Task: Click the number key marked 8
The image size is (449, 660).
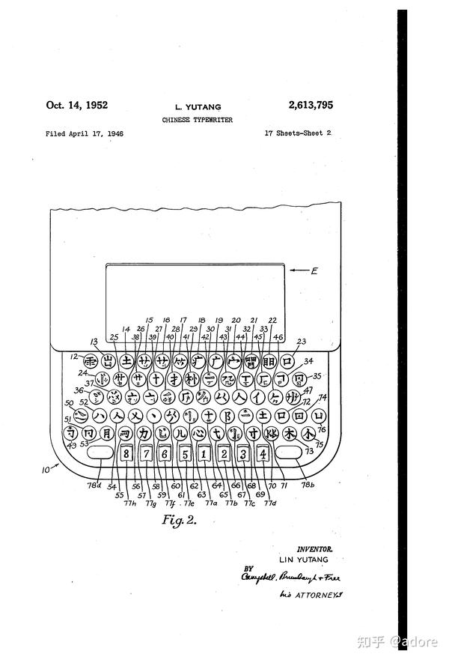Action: pyautogui.click(x=126, y=454)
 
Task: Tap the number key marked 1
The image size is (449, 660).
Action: pyautogui.click(x=204, y=454)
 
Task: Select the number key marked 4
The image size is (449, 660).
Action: pyautogui.click(x=263, y=454)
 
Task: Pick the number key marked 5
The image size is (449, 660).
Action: pyautogui.click(x=184, y=454)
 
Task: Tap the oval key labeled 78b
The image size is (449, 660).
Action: pyautogui.click(x=287, y=454)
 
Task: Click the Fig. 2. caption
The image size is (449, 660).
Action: pyautogui.click(x=179, y=520)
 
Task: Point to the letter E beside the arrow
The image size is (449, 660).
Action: pyautogui.click(x=314, y=270)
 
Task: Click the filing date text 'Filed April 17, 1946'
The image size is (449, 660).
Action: pyautogui.click(x=85, y=133)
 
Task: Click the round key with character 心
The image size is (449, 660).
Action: pyautogui.click(x=198, y=433)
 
